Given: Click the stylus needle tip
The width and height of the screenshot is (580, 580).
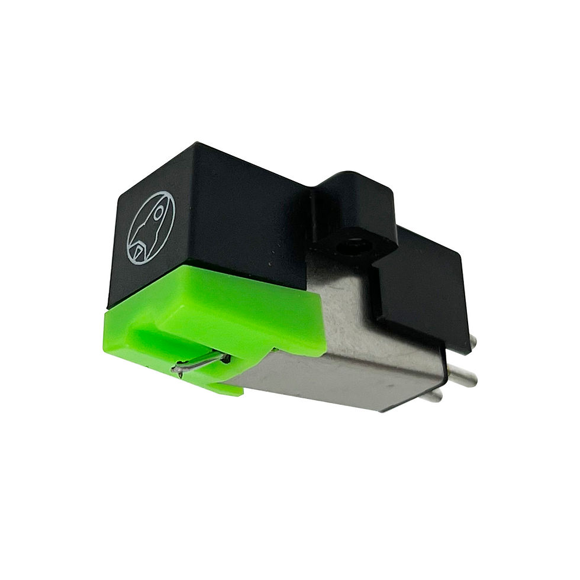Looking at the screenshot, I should [176, 372].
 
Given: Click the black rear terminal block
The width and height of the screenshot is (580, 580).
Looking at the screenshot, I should [423, 284].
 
